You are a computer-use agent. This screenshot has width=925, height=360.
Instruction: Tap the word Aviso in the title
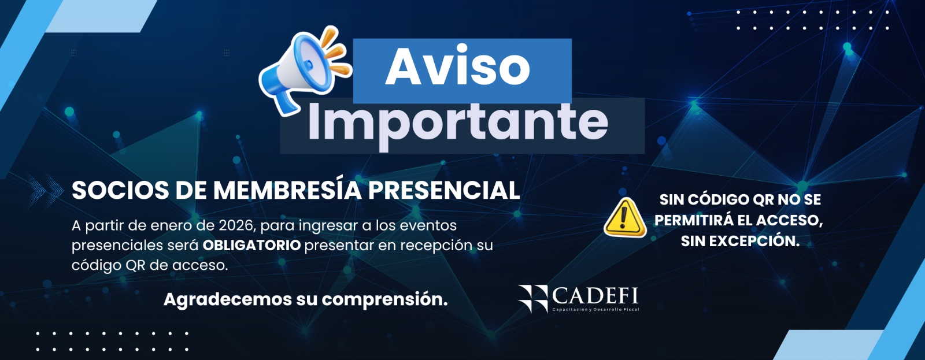[x=457, y=67]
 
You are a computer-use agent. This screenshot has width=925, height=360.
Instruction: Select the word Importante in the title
[x=457, y=124]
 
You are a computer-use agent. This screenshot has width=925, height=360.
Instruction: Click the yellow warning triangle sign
[x=625, y=218]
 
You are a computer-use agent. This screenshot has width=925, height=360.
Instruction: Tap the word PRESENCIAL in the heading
[x=444, y=191]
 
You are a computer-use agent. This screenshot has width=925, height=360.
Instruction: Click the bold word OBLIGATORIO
[x=251, y=245]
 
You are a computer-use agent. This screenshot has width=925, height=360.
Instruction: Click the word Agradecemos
[x=228, y=300]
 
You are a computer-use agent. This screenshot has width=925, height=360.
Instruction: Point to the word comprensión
[x=385, y=300]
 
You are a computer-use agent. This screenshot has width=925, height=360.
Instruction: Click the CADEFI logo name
[x=595, y=296]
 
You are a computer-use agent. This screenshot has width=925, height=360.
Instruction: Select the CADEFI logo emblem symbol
[x=532, y=299]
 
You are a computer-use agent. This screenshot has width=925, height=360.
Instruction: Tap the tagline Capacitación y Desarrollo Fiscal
[x=595, y=310]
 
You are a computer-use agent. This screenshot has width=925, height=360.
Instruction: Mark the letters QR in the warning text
[x=763, y=201]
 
